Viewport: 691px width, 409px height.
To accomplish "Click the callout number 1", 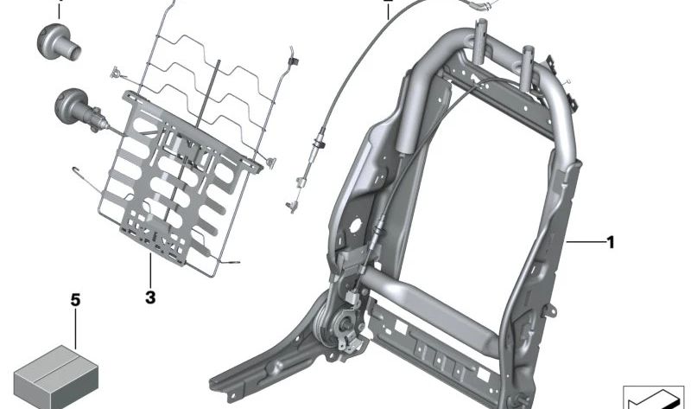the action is point(611,242).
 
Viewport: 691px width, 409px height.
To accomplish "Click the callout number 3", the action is point(150,297).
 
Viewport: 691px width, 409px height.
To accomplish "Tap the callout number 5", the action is point(76,300).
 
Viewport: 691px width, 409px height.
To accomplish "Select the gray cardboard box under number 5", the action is point(55,377).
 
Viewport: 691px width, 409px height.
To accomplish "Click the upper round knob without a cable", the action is point(58,42).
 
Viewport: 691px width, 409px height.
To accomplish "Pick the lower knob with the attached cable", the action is point(79,110).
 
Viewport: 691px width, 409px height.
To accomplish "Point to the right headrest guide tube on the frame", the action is point(529,67).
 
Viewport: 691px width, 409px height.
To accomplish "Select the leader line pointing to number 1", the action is point(585,242).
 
